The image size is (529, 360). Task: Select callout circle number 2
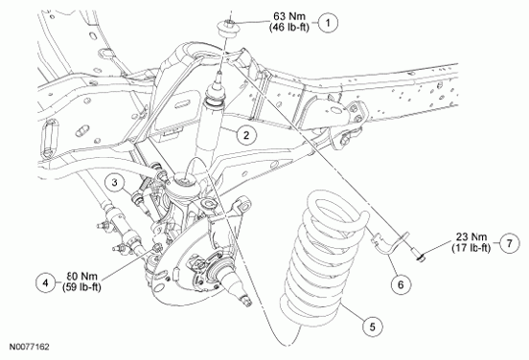click(x=246, y=135)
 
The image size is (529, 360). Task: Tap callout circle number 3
click(x=112, y=182)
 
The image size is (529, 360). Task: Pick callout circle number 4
click(x=45, y=281)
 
